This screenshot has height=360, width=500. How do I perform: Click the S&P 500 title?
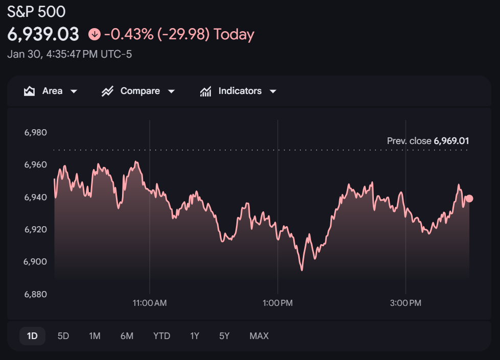point(36,11)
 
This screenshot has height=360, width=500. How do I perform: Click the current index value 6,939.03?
point(43,34)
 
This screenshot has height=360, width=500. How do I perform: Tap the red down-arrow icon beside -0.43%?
point(94,34)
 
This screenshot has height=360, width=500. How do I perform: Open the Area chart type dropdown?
point(51,91)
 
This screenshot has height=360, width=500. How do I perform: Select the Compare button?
point(138,91)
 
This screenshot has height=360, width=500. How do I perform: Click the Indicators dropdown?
point(239,91)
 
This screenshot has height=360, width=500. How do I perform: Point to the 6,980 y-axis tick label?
point(36,133)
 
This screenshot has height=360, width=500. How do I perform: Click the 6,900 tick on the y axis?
point(36,262)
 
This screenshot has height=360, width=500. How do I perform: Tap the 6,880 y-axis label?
point(36,294)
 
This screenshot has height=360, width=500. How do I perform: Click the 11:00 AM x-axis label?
point(150,303)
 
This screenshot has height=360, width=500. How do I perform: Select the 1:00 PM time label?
point(278,303)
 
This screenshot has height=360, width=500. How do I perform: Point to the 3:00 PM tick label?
point(406,303)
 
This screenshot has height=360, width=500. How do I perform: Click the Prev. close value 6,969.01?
point(451,141)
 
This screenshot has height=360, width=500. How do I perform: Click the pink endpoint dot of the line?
point(469,199)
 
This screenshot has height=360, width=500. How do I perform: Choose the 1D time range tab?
point(32,336)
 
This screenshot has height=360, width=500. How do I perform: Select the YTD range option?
point(161,336)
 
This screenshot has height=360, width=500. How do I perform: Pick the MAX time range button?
point(259,336)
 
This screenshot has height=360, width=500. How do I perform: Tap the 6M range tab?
point(127,336)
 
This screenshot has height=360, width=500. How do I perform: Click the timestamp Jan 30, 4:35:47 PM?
point(69,54)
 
